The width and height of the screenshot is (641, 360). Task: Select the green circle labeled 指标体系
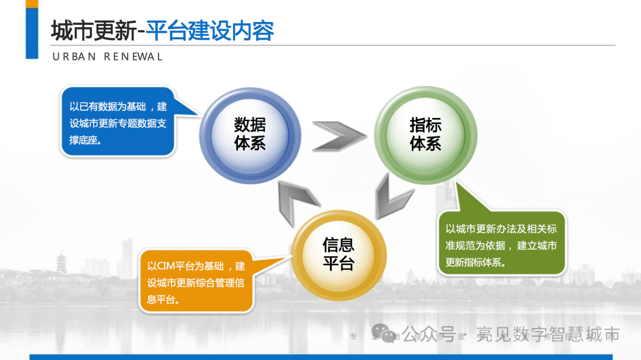[x=426, y=134]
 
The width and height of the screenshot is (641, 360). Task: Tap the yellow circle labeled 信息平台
[x=338, y=254]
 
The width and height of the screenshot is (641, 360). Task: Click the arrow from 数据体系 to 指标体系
[x=338, y=136]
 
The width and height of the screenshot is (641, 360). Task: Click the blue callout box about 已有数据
[x=119, y=122]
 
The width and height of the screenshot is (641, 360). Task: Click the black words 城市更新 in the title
[x=94, y=31]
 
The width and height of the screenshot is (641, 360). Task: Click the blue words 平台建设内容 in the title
[x=210, y=31]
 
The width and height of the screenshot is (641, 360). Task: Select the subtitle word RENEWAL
[x=134, y=57]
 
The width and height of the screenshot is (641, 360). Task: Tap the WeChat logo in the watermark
[x=385, y=335]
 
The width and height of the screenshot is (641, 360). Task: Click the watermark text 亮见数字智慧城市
[x=548, y=335]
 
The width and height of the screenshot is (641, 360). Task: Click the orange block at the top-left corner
[x=32, y=4]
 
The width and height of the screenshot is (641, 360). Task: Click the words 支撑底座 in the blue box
[x=83, y=141]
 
